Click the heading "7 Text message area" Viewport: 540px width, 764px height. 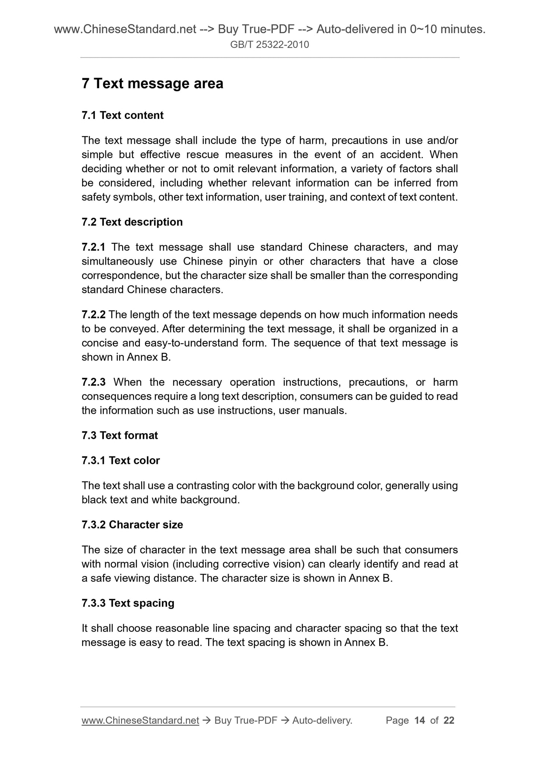tap(152, 83)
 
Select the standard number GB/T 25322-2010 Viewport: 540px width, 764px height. tap(269, 45)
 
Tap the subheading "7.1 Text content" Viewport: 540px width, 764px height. tap(123, 115)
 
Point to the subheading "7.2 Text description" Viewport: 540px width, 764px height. tap(132, 222)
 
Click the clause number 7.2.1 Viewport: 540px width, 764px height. tap(93, 247)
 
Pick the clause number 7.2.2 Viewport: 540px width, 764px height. tap(93, 315)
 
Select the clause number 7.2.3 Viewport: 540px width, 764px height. tap(93, 382)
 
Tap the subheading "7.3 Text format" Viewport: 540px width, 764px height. tap(120, 435)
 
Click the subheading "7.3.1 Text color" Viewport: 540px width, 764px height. tap(121, 460)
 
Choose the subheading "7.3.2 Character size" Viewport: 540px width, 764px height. tap(132, 525)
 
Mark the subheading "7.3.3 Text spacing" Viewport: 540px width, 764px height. tap(128, 603)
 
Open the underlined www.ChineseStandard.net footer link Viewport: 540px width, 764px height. tap(140, 720)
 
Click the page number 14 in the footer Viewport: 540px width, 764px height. tap(420, 720)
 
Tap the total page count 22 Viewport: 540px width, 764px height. tap(449, 720)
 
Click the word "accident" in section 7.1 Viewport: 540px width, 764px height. tap(402, 155)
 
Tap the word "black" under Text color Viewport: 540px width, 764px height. tap(94, 500)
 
